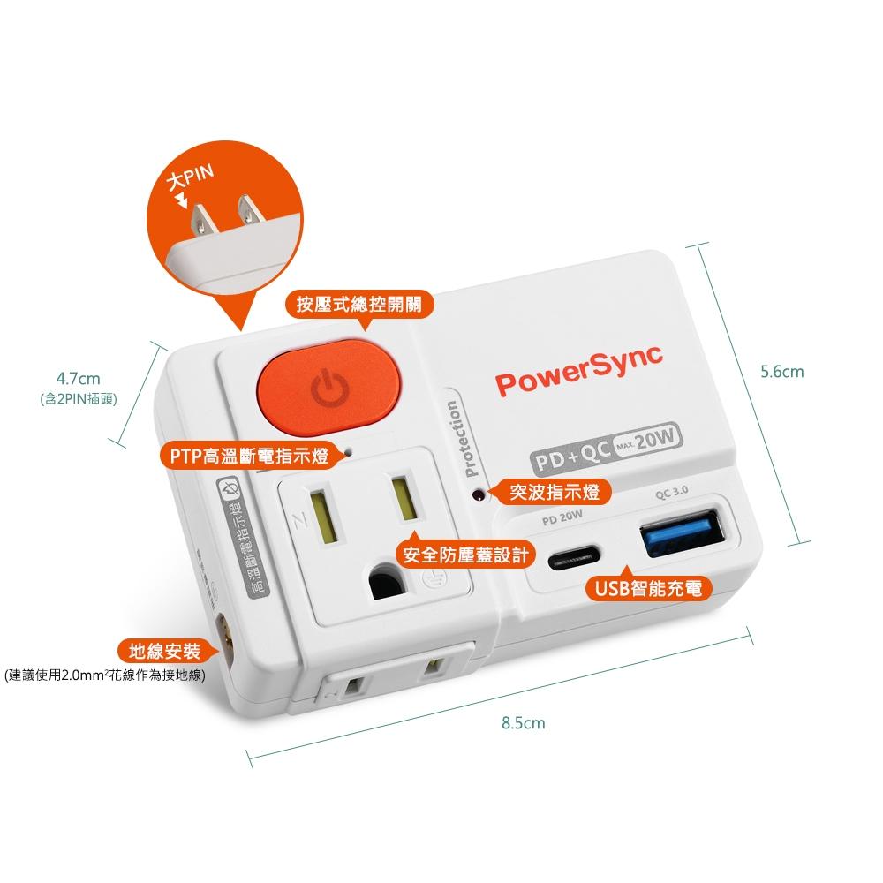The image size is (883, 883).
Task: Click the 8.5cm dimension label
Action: pyautogui.click(x=523, y=723)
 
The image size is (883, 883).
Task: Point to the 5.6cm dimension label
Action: pyautogui.click(x=782, y=372)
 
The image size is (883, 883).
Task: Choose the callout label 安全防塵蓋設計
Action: pyautogui.click(x=465, y=555)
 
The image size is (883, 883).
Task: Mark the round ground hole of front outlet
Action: pyautogui.click(x=385, y=581)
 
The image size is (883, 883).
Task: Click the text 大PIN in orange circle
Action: pyautogui.click(x=192, y=178)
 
